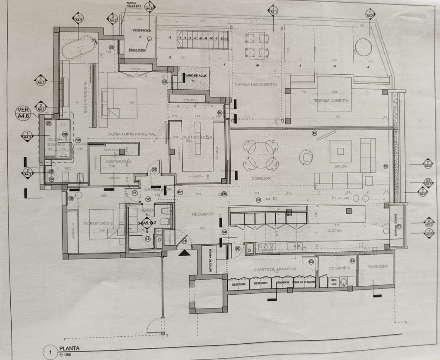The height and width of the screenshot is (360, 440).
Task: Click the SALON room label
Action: [340, 166]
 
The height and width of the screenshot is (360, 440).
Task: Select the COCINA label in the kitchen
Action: [334, 231]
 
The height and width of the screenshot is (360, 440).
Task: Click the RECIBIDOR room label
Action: [202, 214]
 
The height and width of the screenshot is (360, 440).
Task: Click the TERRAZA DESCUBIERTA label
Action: [255, 85]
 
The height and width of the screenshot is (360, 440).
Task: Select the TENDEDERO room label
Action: [377, 266]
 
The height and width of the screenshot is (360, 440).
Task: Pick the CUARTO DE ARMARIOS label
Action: [275, 269]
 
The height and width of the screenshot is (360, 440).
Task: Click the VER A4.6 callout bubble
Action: [24, 113]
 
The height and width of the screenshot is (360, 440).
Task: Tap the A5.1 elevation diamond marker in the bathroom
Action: [147, 223]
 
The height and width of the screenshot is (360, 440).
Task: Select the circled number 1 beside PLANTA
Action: [51, 354]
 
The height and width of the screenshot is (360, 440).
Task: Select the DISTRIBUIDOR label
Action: [158, 189]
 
